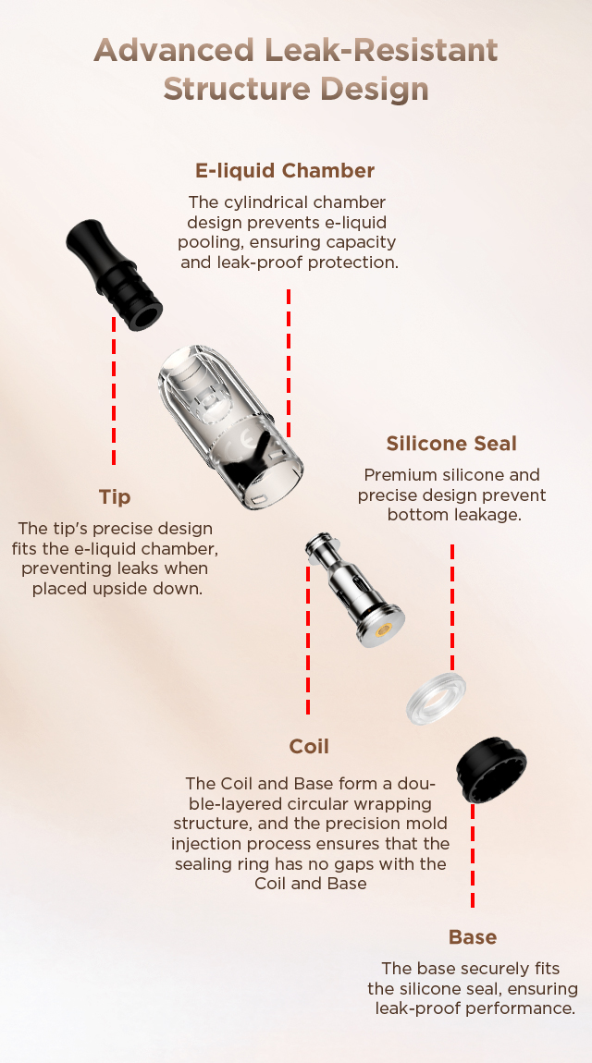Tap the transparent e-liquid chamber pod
pos(230,427)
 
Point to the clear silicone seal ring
pos(436,700)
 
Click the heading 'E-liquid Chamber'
pos(285,170)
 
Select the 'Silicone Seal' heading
pos(451,444)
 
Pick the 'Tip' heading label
pos(115,497)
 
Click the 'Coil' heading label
pos(309,746)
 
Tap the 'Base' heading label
pos(473,937)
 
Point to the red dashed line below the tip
pos(114,391)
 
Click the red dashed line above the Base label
pos(473,856)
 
